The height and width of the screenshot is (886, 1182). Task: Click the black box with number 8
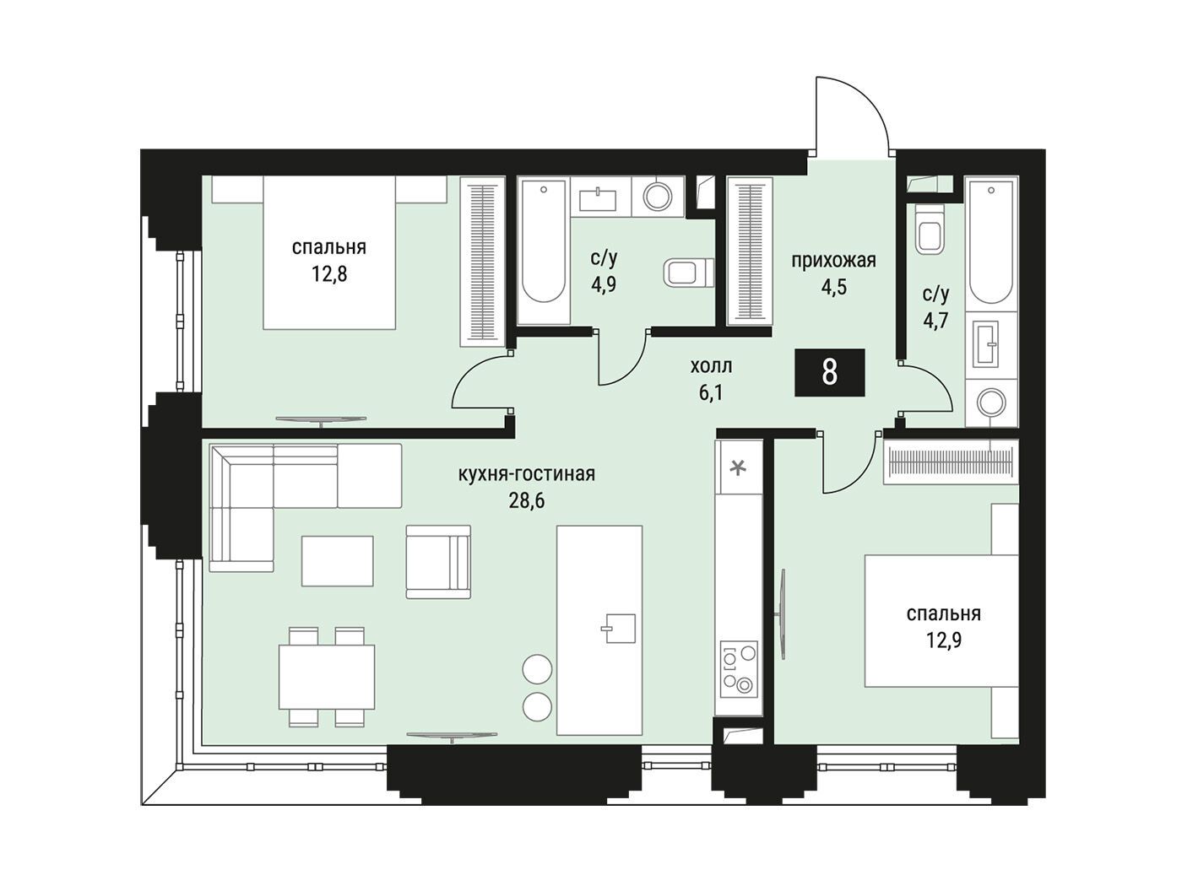[x=829, y=372]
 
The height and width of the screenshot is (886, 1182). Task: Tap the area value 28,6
[x=526, y=500]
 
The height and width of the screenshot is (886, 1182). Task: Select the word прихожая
[x=833, y=261]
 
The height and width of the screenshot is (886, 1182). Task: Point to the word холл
[x=711, y=366]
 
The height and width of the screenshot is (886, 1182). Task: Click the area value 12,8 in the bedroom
[x=329, y=274]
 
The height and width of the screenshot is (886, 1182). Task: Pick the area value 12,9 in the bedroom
[x=943, y=640]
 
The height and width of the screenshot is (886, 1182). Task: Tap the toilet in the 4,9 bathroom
[x=689, y=273]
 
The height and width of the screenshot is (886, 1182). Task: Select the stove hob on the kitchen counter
[x=738, y=668]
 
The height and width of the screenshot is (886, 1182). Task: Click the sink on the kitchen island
[x=620, y=629]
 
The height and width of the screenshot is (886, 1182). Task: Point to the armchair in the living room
[x=438, y=562]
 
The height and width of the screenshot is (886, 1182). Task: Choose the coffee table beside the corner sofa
[x=337, y=561]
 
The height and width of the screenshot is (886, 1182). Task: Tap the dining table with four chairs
[x=327, y=677]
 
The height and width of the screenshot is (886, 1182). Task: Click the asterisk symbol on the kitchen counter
[x=738, y=468]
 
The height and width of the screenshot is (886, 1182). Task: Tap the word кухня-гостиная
[x=526, y=474]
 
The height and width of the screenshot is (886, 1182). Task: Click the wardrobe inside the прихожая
[x=750, y=251]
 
